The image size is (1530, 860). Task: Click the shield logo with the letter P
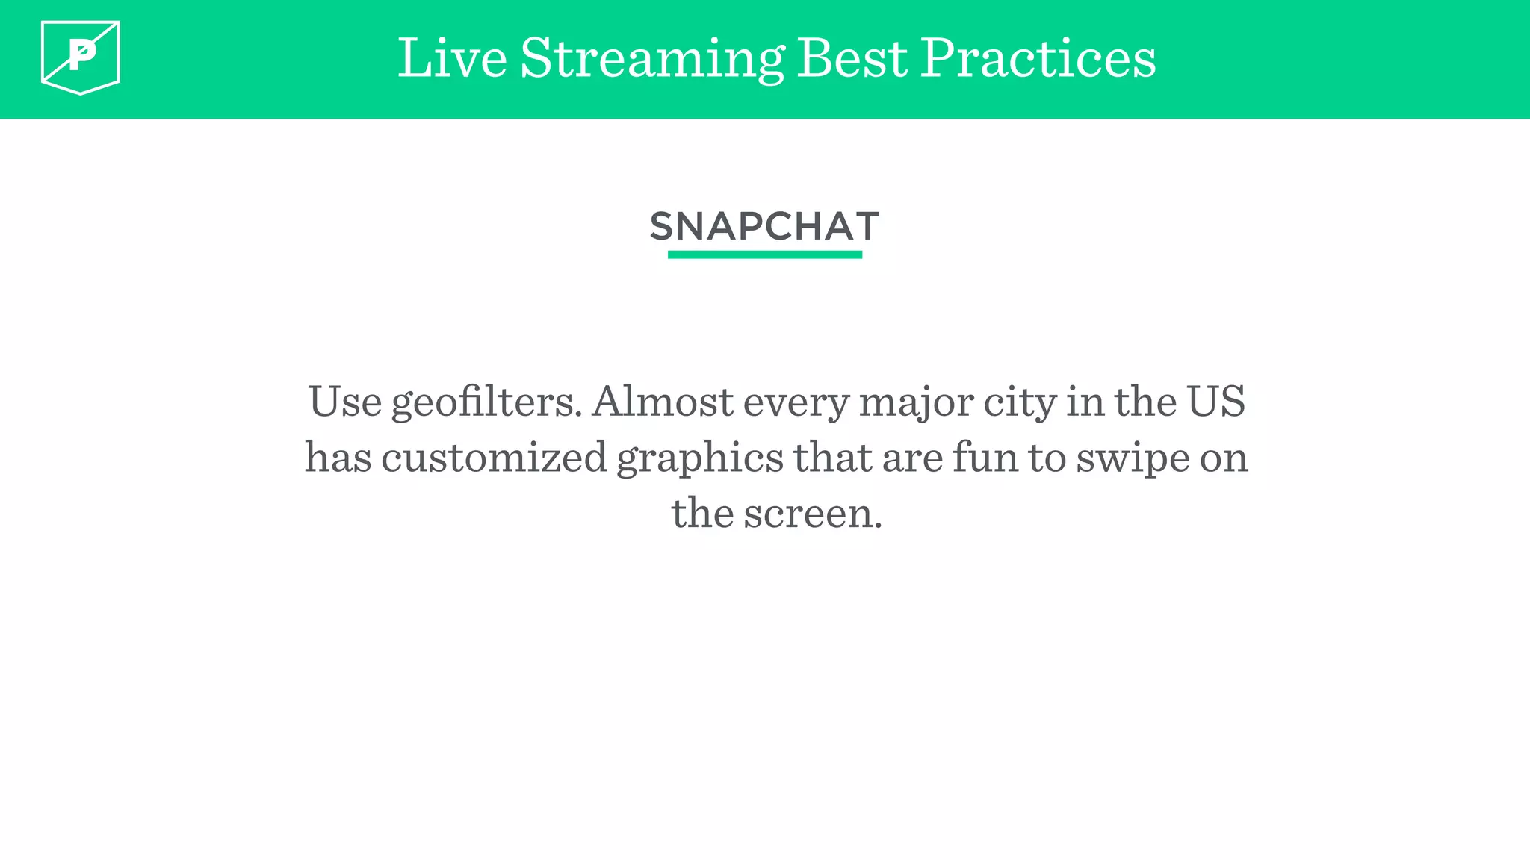[81, 57]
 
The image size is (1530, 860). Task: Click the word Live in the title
[452, 58]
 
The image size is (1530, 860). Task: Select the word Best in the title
[852, 58]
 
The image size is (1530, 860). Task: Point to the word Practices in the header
[1038, 58]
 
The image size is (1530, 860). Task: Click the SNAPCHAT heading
[764, 226]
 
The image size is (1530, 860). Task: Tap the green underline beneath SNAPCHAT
[764, 255]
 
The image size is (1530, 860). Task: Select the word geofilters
[486, 403]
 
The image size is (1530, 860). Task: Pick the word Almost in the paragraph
[662, 402]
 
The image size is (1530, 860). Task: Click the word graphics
[700, 458]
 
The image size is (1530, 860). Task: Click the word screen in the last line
[812, 514]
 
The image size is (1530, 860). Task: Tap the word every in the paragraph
[796, 403]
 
